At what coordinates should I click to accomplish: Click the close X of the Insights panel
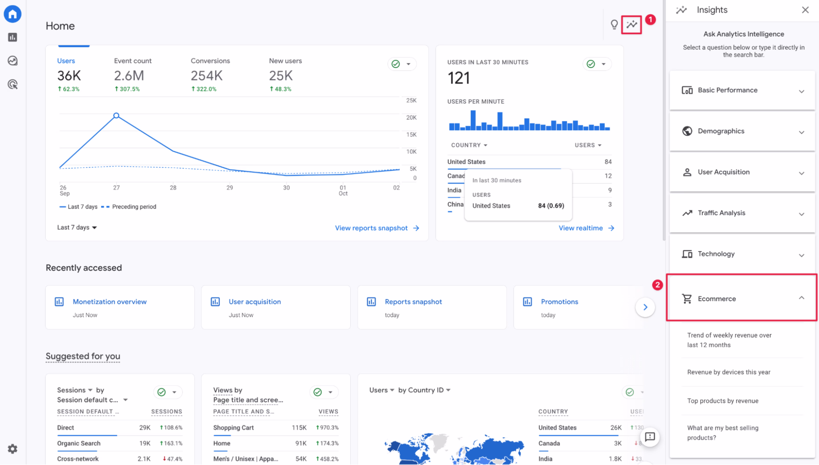click(x=805, y=10)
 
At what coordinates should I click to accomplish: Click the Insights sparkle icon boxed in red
click(x=631, y=25)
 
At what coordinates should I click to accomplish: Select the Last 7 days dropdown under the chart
click(x=77, y=227)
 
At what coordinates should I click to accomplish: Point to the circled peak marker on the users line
click(x=116, y=115)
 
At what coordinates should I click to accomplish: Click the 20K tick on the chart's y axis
click(x=411, y=118)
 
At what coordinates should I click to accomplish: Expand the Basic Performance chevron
click(x=801, y=91)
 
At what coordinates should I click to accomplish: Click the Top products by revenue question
click(x=723, y=401)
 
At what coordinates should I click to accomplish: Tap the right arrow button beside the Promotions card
click(x=645, y=307)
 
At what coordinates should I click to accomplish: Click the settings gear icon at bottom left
click(x=12, y=449)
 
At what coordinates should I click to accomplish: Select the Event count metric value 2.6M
click(x=129, y=76)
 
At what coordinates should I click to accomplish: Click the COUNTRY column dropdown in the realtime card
click(x=469, y=145)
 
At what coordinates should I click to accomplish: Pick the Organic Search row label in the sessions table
click(x=78, y=443)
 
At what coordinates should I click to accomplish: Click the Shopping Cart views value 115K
click(x=299, y=427)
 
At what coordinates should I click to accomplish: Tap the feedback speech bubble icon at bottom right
click(x=649, y=437)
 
